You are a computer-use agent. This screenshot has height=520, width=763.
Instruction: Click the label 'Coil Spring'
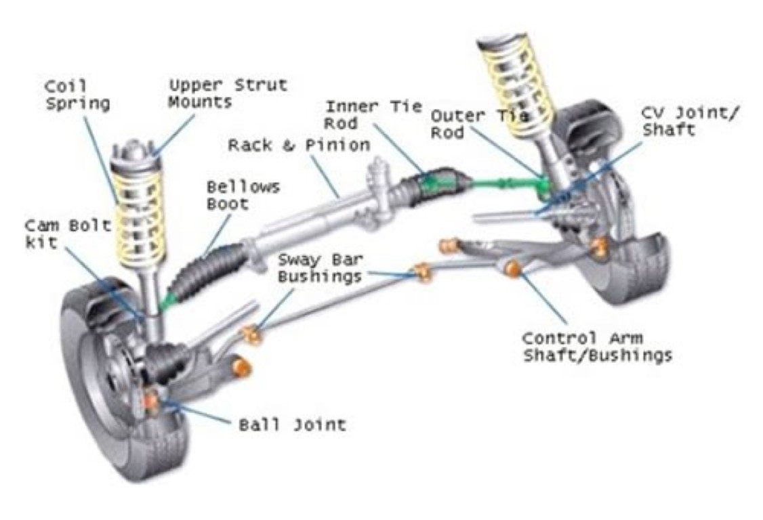[x=77, y=95]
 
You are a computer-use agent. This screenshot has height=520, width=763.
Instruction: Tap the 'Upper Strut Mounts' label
[x=228, y=93]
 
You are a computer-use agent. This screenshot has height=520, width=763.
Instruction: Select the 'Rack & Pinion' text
[x=299, y=145]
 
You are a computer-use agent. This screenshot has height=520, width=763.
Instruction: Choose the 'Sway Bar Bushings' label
[x=319, y=267]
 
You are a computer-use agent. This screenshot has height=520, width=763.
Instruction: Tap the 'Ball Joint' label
[x=292, y=425]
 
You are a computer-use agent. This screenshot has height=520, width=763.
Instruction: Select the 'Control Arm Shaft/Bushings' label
[x=596, y=347]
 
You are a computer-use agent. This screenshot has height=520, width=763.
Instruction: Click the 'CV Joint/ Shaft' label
[x=689, y=121]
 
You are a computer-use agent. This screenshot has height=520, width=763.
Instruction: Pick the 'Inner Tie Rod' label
[x=373, y=115]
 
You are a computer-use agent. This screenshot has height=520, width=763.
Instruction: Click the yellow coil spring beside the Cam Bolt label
[x=140, y=217]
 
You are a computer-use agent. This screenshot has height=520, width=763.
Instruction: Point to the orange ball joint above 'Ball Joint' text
[x=151, y=402]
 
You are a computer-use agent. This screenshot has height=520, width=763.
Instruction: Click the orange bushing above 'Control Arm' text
[x=513, y=269]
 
